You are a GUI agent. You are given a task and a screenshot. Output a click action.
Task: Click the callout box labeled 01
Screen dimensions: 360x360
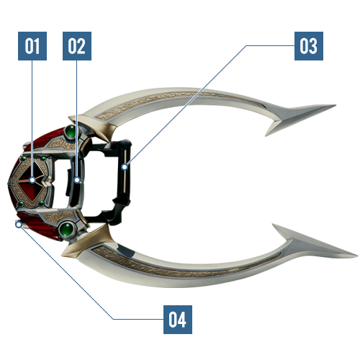[32, 46]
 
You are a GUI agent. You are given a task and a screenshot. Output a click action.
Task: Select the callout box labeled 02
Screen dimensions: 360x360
[77, 46]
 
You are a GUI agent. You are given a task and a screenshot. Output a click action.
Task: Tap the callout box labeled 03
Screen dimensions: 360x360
[309, 46]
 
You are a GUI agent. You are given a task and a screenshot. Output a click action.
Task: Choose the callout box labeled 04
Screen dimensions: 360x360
[178, 320]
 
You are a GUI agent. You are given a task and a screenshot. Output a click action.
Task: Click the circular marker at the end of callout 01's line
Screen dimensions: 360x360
[32, 180]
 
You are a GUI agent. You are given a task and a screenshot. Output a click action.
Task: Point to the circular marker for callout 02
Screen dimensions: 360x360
[77, 180]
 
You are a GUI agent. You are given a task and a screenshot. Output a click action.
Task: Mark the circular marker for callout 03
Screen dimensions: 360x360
[125, 167]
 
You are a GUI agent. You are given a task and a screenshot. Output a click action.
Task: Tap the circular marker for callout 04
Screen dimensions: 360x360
[19, 225]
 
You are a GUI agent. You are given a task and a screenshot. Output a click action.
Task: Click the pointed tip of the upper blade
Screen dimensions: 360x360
[336, 105]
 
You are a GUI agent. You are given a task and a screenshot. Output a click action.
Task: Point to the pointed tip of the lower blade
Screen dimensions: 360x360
[358, 256]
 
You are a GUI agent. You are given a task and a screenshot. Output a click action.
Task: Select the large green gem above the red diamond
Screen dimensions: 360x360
[71, 132]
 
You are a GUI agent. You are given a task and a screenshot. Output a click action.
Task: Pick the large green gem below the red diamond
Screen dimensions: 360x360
[67, 230]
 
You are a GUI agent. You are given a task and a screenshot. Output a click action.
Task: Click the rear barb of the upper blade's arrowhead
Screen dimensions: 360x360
[266, 135]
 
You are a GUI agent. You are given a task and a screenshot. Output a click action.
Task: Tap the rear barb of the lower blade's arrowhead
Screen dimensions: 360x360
[273, 225]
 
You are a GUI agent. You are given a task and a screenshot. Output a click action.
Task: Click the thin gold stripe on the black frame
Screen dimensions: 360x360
[125, 171]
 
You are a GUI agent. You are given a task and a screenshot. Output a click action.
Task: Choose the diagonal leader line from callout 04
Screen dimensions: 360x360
[66, 272]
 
